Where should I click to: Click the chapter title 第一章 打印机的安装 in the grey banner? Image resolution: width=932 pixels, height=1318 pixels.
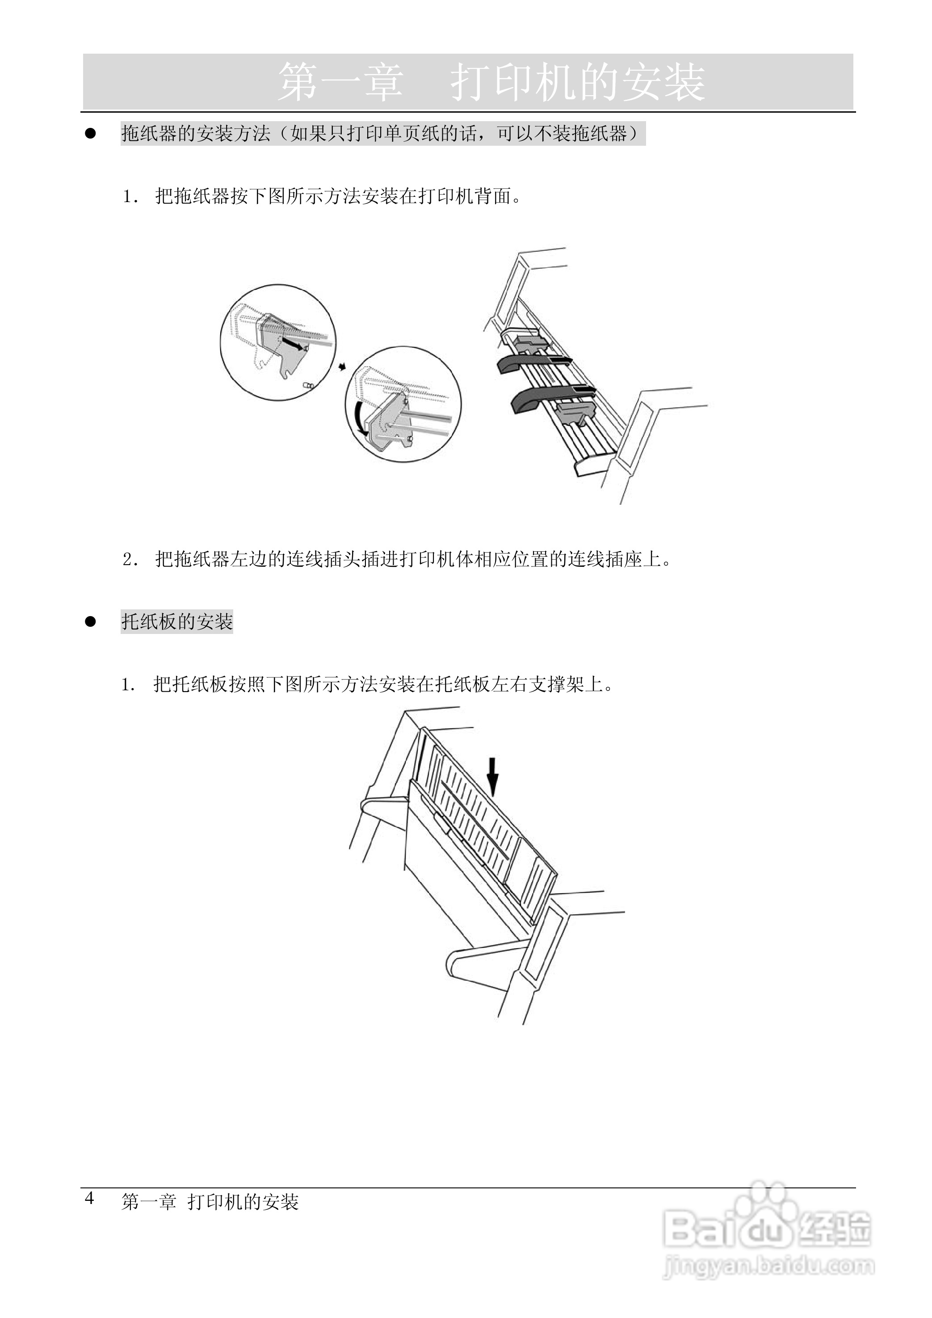tap(491, 83)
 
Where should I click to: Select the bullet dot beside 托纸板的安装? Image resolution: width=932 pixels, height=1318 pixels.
tap(90, 621)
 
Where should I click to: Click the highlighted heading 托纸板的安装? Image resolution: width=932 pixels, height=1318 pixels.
tap(177, 622)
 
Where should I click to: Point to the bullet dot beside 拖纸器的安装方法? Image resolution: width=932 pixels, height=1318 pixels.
tap(90, 134)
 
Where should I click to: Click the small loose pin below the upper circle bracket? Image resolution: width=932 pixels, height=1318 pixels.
tap(309, 386)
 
